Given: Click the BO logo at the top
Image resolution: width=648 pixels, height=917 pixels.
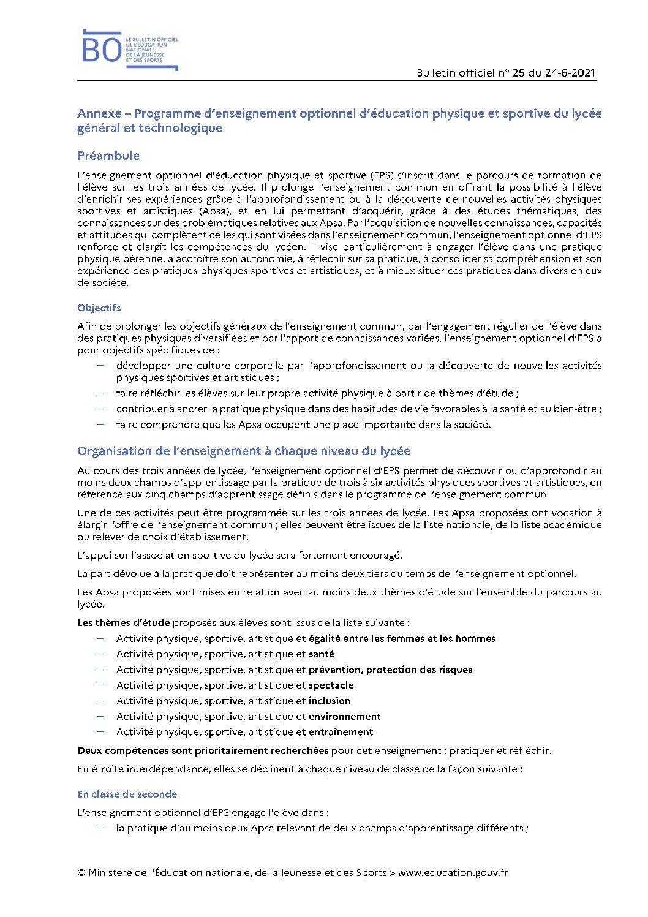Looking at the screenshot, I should point(102,50).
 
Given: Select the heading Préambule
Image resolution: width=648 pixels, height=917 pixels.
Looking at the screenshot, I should point(108,156).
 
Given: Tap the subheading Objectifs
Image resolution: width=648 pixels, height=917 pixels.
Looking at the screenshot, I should point(99,308).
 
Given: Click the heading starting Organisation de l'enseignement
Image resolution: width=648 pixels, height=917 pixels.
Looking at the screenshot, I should point(244,451).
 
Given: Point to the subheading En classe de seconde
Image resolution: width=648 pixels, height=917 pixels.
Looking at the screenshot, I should point(127,794).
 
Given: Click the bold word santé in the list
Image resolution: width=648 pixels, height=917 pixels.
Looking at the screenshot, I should point(322,654).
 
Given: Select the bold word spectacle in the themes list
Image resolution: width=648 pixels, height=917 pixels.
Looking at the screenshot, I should point(331,685).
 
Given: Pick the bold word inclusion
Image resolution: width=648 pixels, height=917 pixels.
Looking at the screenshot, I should point(330,701).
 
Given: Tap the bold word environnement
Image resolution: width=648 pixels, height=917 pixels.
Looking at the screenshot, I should point(345,716).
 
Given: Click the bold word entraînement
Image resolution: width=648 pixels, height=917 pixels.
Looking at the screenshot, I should point(341,732).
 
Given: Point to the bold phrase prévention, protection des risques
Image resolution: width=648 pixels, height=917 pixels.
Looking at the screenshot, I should point(391,670).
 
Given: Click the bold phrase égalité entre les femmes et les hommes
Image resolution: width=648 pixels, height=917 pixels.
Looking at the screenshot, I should point(402,638).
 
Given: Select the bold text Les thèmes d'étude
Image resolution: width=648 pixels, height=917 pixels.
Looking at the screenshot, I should point(124,623).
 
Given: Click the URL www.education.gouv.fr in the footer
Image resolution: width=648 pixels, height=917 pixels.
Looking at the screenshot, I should point(453,872).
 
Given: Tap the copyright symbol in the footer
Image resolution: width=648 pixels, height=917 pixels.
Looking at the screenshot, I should point(81,872).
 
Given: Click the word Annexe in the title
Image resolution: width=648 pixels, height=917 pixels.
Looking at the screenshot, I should point(99,113).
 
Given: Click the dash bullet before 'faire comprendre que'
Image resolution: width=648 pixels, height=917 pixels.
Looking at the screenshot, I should point(100,424).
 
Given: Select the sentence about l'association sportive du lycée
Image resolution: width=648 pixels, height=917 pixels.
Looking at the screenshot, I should point(239,556).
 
